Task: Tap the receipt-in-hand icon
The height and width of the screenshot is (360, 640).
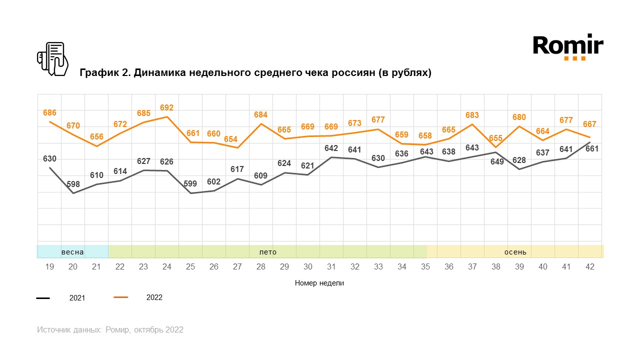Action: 52,59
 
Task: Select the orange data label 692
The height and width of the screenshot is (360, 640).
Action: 166,107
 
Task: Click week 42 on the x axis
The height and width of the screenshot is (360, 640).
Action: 590,267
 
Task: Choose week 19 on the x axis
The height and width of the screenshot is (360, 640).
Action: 49,267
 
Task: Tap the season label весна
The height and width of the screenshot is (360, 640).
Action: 72,251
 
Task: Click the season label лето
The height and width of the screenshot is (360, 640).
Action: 267,251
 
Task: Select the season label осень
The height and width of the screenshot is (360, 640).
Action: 515,251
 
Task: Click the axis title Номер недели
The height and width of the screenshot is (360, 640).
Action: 319,283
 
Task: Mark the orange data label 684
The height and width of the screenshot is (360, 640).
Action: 260,115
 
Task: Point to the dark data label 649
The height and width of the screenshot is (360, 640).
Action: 497,161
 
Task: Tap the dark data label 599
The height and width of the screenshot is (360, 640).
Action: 190,183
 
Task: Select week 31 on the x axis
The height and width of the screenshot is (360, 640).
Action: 331,267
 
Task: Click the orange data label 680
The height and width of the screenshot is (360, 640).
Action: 519,117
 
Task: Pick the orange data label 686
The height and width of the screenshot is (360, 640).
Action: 49,113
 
